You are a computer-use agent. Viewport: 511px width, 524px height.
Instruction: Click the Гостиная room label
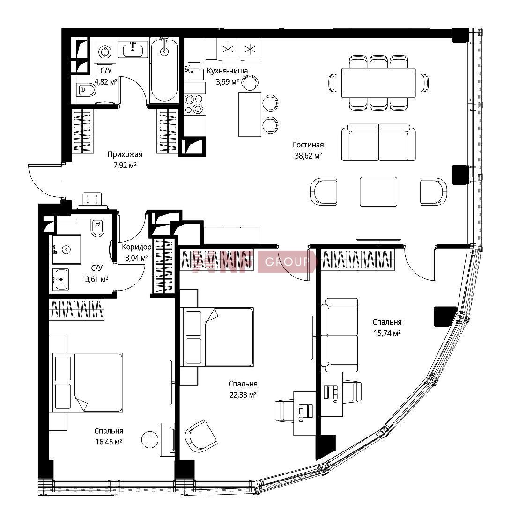[x=308, y=145]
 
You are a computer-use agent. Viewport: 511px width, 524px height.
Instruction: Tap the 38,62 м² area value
[x=308, y=155]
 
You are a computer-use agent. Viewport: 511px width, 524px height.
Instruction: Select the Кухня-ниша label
[x=227, y=71]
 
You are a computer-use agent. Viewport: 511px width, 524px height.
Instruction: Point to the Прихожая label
[x=125, y=154]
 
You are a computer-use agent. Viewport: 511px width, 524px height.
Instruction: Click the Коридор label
[x=137, y=247]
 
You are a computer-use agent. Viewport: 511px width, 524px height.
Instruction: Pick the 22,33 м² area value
[x=243, y=395]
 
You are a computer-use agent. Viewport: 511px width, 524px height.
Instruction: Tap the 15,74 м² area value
[x=387, y=333]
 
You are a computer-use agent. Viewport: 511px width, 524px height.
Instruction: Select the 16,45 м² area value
[x=109, y=442]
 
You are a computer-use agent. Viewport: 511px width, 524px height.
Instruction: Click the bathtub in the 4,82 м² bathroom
[x=164, y=70]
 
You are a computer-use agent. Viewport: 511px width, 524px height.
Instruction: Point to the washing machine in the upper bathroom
[x=105, y=52]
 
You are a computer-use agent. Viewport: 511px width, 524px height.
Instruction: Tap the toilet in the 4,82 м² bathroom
[x=86, y=89]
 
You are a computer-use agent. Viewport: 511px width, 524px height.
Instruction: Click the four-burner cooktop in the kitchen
[x=194, y=104]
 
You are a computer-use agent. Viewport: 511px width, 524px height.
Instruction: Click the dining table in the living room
[x=378, y=83]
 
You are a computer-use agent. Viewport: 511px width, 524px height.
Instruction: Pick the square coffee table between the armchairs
[x=378, y=192]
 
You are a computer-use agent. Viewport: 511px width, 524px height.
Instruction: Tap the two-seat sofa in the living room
[x=378, y=142]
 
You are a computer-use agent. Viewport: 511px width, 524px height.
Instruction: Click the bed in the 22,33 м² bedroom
[x=216, y=337]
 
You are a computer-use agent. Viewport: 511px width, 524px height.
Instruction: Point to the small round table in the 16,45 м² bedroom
[x=149, y=439]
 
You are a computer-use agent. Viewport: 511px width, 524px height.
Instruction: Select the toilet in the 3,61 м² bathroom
[x=97, y=228]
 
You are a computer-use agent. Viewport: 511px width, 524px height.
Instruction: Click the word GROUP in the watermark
[x=287, y=262]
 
